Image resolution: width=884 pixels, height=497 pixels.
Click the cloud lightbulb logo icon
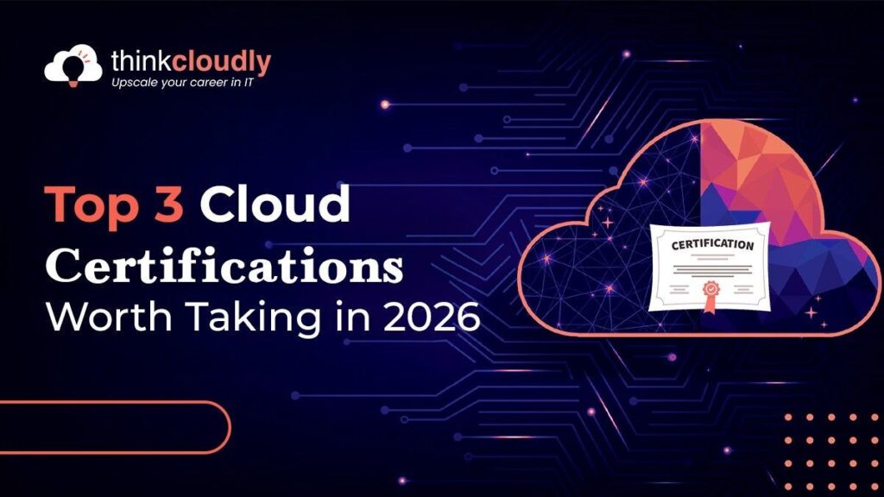[x=73, y=66]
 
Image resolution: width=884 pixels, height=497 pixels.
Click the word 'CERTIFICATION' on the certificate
[x=712, y=245]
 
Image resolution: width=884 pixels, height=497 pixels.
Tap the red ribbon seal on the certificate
[x=712, y=289]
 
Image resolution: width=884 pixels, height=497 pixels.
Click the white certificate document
[x=710, y=267]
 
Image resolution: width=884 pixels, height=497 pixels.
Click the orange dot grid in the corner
[x=833, y=440]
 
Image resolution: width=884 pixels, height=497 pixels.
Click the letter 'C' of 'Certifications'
[x=62, y=265]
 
